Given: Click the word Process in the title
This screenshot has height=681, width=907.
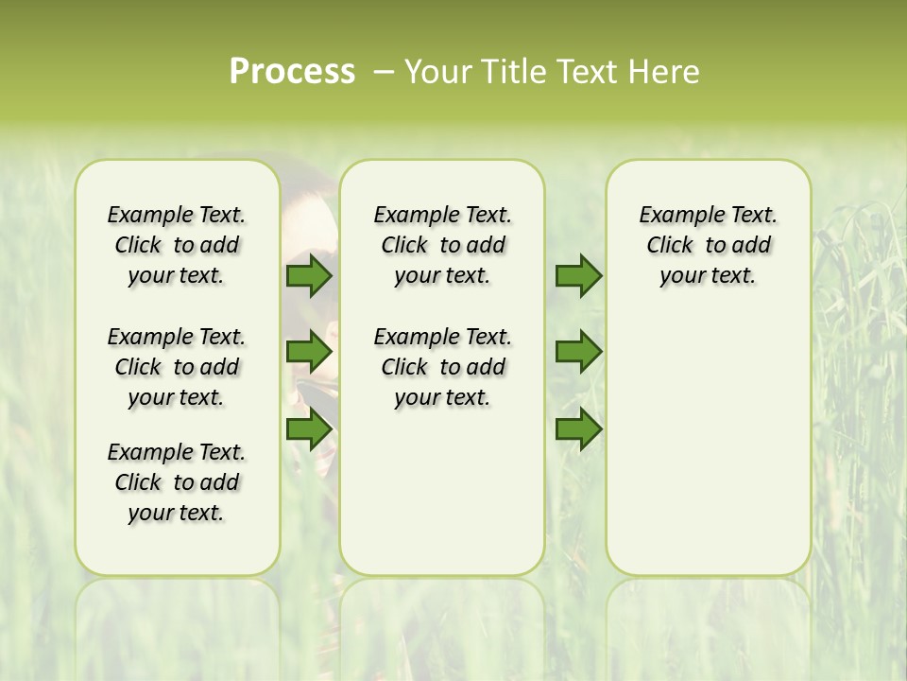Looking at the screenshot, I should [292, 71].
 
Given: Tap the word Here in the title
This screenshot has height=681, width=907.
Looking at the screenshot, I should [665, 71].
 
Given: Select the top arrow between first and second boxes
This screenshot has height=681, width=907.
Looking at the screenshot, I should [309, 276].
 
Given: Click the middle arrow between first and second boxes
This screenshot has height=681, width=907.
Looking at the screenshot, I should [309, 353].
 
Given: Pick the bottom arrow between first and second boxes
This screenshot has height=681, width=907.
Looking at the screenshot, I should [309, 429].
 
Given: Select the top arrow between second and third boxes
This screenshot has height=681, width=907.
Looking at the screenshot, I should [578, 276].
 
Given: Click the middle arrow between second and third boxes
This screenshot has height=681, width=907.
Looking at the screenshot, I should [578, 353].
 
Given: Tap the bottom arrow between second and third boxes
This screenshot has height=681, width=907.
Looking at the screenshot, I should [578, 429].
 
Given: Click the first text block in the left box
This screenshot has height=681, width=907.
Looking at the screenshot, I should [177, 245].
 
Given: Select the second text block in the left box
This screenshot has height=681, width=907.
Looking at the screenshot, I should [177, 367].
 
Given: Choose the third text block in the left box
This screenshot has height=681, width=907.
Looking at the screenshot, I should [177, 482].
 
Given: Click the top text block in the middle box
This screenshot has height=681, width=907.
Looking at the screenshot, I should [442, 245].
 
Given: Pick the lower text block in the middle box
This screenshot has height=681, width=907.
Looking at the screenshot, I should [442, 367].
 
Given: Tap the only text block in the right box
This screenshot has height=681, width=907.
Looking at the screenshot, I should [708, 245].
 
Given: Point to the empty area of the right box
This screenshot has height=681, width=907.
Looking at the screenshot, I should [708, 435].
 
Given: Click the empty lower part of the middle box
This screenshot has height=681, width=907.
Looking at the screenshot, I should [442, 492].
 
